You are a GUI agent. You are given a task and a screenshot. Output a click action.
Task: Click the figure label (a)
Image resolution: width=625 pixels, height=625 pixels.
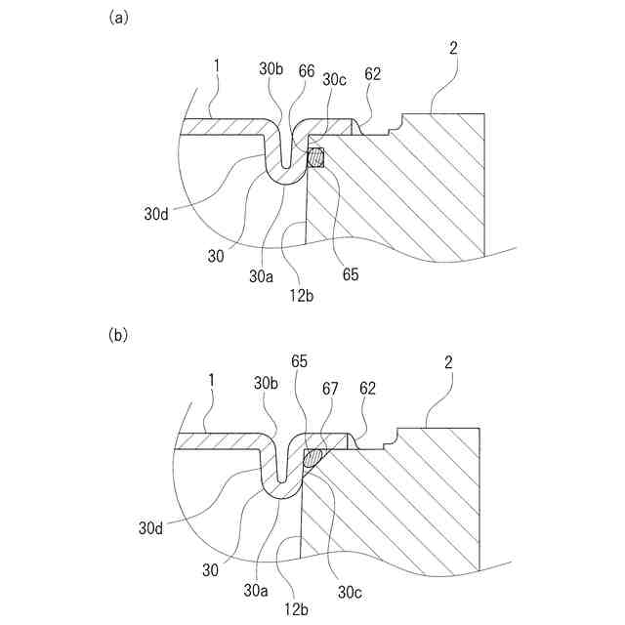coord(117,18)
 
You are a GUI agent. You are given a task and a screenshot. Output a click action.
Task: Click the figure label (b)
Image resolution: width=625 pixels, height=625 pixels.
coord(117,335)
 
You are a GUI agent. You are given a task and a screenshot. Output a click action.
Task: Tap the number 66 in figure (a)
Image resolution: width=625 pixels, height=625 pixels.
coord(307,70)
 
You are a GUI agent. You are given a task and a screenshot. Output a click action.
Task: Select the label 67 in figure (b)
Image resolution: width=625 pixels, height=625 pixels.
coord(332,388)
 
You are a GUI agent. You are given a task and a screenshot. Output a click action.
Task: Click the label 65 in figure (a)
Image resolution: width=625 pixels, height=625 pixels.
coord(350,275)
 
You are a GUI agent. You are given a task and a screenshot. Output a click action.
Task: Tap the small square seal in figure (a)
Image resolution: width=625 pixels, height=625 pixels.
coord(316,157)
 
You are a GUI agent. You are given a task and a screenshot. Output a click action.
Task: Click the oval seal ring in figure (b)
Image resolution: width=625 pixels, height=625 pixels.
coord(313,457)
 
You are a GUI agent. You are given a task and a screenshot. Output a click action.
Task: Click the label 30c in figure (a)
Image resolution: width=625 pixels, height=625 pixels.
coord(334,80)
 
